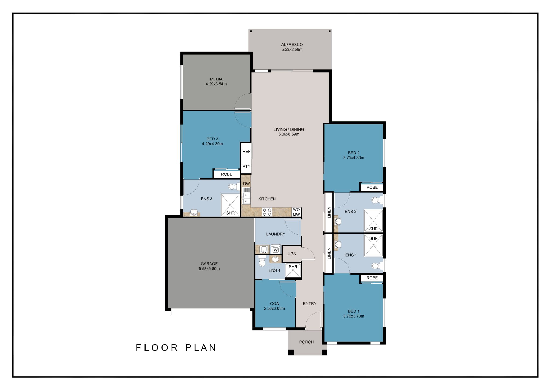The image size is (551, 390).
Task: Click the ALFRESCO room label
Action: [292, 45]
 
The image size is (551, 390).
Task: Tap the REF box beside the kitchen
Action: [246, 152]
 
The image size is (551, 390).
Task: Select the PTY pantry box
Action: [246, 167]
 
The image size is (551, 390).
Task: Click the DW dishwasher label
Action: [246, 184]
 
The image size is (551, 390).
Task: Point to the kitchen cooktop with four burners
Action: [267, 212]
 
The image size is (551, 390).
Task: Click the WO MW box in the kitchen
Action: [296, 212]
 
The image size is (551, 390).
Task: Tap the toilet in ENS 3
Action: [234, 187]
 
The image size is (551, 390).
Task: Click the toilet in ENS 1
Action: [377, 266]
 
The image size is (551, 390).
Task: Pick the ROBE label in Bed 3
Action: [227, 174]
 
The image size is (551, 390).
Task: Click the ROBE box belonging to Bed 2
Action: [372, 187]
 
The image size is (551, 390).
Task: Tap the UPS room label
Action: [292, 254]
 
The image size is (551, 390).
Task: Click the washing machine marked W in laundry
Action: [275, 249]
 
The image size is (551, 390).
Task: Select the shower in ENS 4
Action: [293, 270]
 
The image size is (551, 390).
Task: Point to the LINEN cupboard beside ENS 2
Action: [329, 212]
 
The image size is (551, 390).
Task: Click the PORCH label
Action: [306, 342]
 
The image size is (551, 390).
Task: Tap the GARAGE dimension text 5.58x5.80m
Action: [209, 269]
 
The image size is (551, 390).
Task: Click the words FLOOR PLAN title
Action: [176, 347]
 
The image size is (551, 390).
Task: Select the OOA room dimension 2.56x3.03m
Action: [274, 308]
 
